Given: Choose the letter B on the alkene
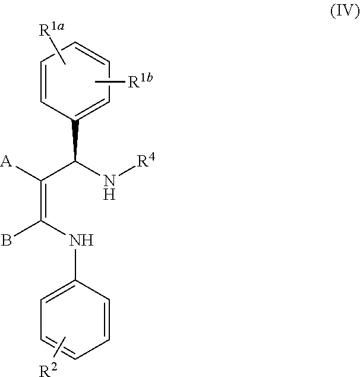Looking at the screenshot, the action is point(8,241).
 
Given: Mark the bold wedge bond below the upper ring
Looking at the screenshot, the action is point(75,141).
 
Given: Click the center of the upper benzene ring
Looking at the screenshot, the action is point(75,81).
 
